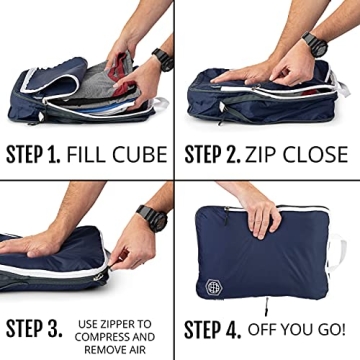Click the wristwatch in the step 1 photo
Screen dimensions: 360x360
point(161,57)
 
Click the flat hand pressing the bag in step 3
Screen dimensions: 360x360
point(45,240)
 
